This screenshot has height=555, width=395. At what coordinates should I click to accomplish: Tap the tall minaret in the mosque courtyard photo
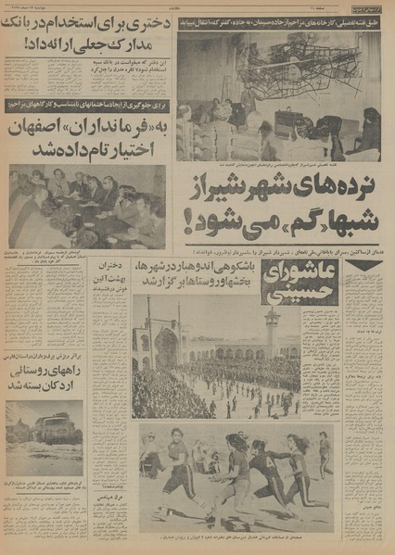tap(272, 328)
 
